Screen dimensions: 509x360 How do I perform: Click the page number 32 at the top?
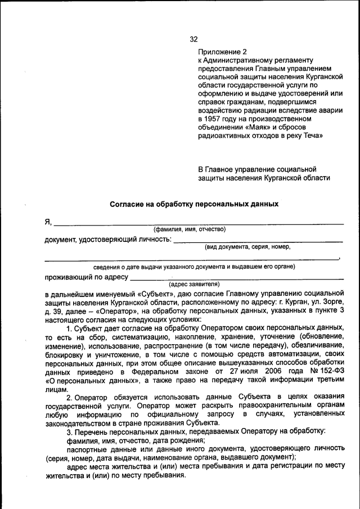pos(193,39)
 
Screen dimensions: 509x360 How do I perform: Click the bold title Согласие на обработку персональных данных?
pos(194,204)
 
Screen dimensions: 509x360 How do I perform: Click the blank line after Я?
pos(197,224)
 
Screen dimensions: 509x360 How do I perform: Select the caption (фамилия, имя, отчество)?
pos(190,229)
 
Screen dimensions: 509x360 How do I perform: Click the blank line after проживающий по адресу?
pos(236,278)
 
